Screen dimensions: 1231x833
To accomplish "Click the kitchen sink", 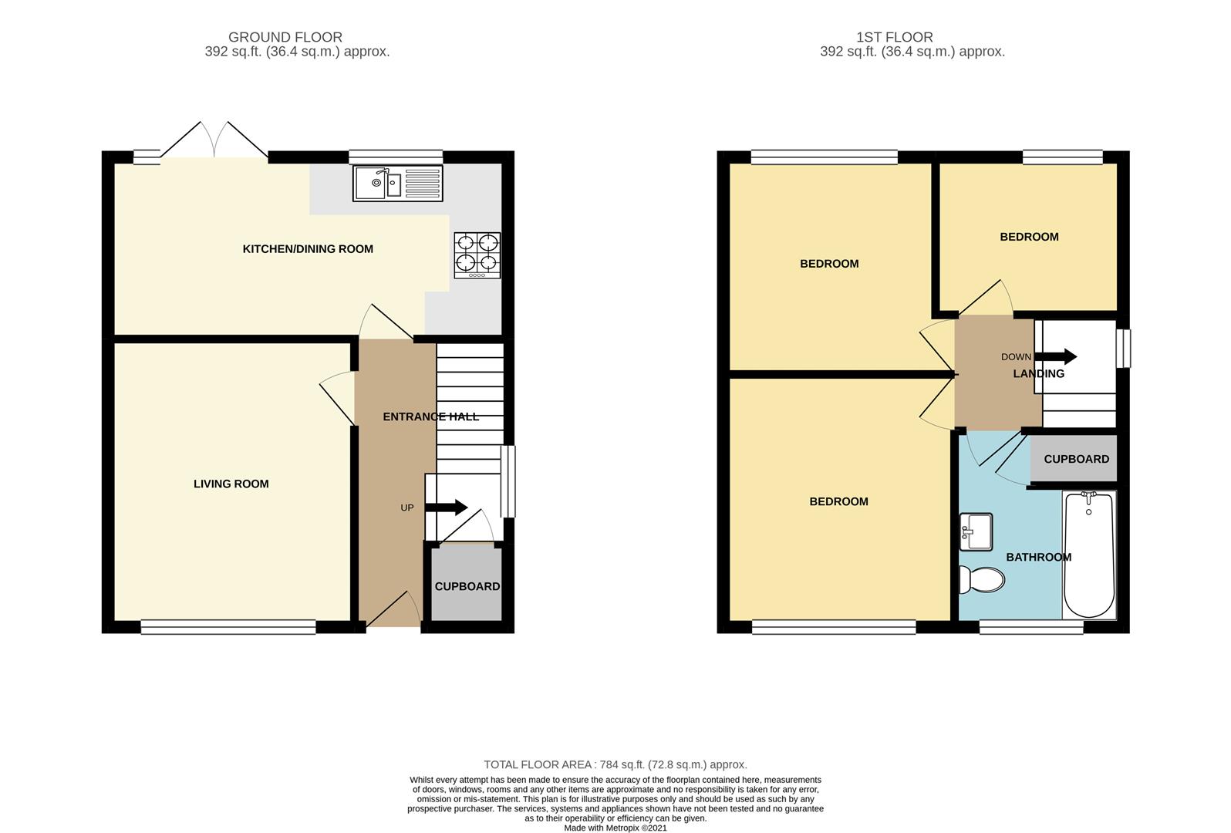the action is [397, 184].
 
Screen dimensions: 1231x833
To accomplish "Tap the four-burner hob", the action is [477, 255].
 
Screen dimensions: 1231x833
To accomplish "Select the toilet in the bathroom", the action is [982, 580].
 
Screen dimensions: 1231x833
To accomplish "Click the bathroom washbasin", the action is [976, 532].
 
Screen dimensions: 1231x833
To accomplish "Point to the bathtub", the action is [1088, 555].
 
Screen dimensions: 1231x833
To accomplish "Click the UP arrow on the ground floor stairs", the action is [447, 508].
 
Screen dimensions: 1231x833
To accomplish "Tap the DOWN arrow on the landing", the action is [1056, 356].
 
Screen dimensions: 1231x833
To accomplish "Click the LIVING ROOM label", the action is [231, 484].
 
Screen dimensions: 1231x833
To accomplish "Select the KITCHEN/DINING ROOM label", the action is [308, 249].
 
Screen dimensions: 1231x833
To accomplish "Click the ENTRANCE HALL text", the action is [431, 417].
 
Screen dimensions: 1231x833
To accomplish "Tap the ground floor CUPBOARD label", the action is [467, 587].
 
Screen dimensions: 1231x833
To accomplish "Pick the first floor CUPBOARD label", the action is [1076, 460].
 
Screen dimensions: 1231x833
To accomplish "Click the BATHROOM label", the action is [1039, 557].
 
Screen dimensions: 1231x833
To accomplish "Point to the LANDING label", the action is [1039, 373].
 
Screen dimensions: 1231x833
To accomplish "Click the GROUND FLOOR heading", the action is [285, 37].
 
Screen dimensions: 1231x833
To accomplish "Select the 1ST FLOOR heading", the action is [894, 37].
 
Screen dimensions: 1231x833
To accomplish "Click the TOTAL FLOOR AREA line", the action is [615, 764].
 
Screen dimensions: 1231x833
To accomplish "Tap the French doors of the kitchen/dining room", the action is [214, 140].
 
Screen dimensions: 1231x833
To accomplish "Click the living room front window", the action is [228, 627].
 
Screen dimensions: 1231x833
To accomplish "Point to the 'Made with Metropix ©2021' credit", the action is [615, 828].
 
